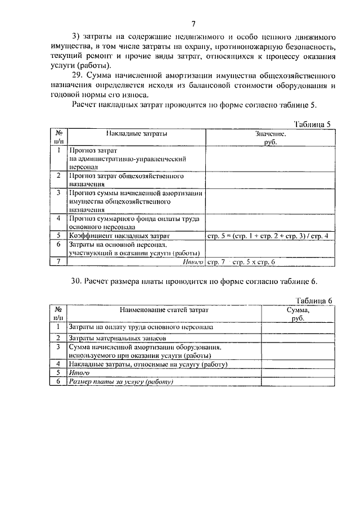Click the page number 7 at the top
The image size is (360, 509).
(x=193, y=24)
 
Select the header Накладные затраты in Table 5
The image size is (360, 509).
(x=137, y=134)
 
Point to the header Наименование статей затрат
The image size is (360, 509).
(x=163, y=310)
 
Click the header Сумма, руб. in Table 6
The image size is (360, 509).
(x=298, y=314)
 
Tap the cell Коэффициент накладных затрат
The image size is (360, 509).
(x=119, y=235)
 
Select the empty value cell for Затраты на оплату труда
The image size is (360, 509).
(x=298, y=326)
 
